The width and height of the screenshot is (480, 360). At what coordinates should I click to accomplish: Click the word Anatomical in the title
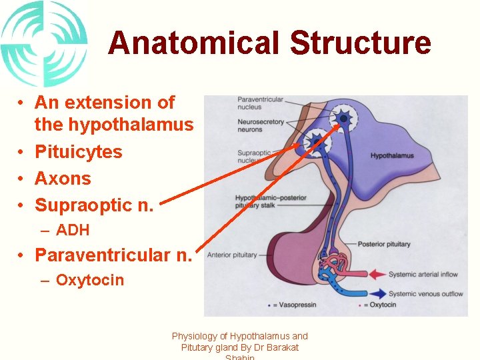(194, 43)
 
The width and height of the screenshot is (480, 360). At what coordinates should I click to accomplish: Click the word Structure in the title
(361, 43)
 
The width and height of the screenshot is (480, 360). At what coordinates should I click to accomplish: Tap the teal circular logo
(44, 43)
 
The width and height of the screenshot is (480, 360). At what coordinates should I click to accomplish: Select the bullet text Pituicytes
(79, 152)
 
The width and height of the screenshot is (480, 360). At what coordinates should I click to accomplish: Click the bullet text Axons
(63, 179)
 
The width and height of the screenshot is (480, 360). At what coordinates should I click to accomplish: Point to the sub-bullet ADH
(73, 231)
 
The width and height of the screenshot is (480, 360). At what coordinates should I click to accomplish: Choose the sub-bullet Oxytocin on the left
(90, 280)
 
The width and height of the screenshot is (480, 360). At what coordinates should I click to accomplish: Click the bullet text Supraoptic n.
(94, 205)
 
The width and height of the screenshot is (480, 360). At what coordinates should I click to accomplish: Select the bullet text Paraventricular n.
(113, 255)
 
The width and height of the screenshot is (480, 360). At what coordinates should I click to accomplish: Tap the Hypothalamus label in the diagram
(392, 156)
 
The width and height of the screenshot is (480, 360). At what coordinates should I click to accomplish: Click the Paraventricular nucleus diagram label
(260, 103)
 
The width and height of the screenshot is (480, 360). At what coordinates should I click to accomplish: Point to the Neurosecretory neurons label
(261, 125)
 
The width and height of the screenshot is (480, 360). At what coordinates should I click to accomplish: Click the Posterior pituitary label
(384, 244)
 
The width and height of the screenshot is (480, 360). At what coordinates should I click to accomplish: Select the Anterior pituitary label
(232, 255)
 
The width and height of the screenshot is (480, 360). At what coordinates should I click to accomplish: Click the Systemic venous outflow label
(425, 293)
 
